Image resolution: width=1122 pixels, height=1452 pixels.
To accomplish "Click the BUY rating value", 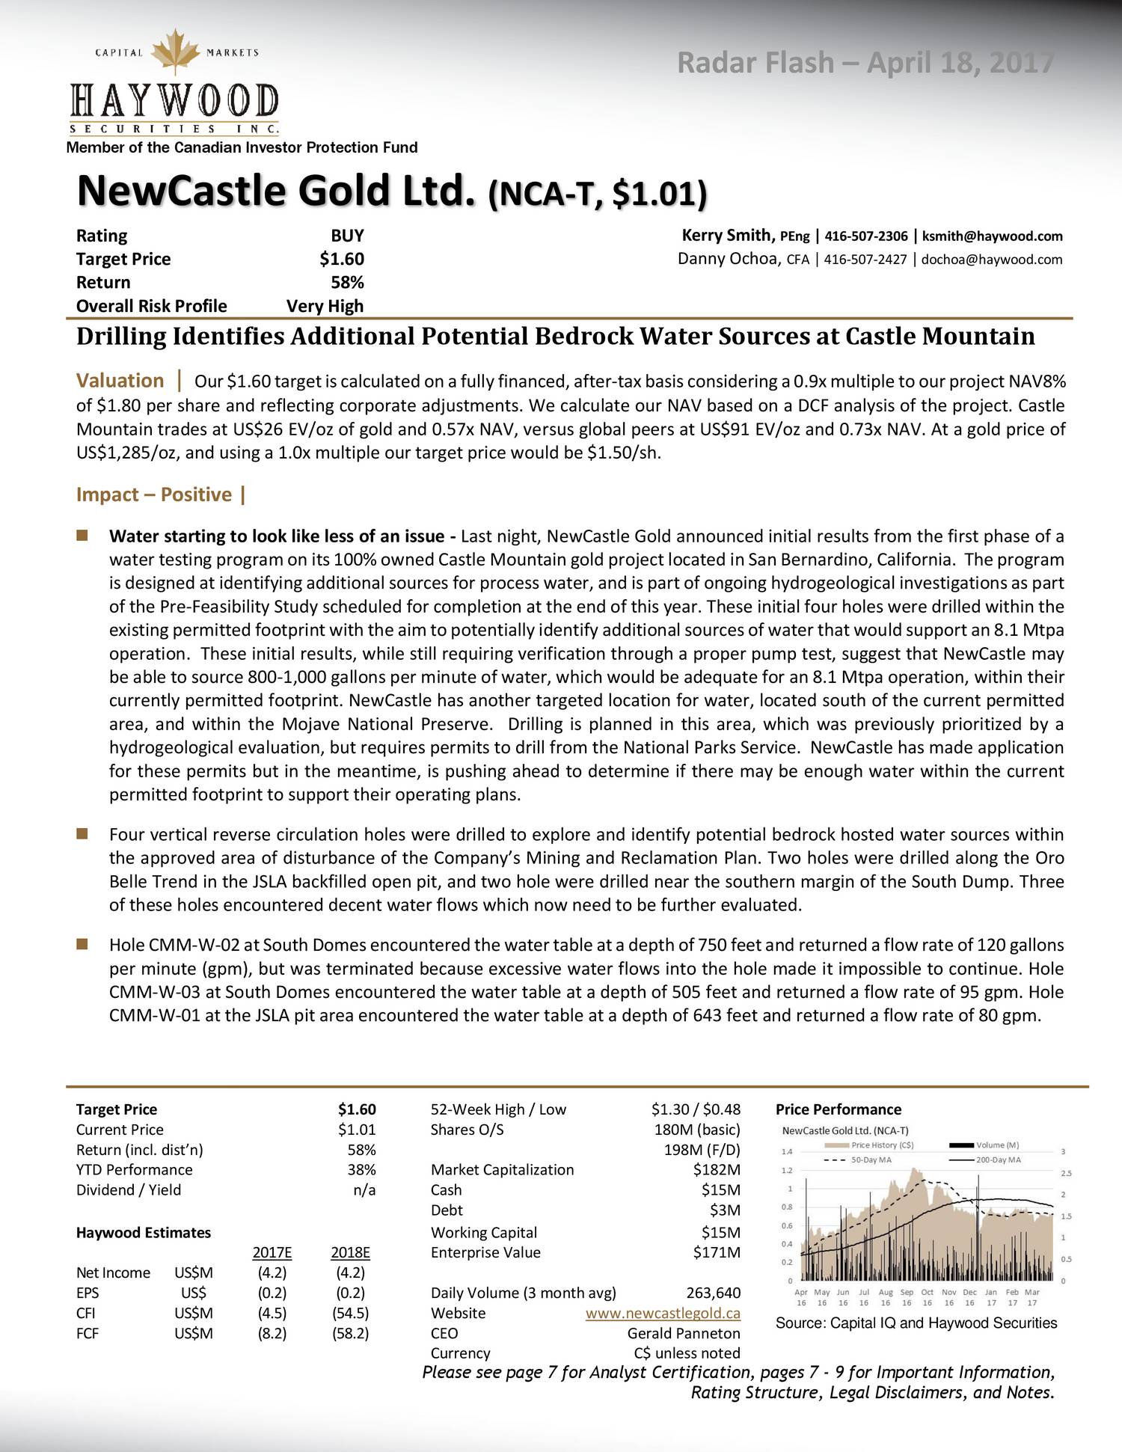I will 347,236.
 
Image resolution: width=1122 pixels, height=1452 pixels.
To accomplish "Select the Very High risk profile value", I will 325,306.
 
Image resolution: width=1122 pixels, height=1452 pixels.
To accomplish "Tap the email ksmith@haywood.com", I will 992,236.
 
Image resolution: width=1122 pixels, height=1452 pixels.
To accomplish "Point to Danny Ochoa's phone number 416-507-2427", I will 865,260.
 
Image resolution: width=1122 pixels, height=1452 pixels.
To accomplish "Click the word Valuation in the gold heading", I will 120,381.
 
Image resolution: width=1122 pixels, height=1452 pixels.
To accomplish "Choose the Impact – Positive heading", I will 154,494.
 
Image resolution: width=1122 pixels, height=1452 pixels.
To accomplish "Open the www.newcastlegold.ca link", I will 663,1313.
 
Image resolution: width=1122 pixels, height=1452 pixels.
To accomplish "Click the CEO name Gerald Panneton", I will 684,1333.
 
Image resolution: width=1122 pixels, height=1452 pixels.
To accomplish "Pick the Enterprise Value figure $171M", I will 717,1252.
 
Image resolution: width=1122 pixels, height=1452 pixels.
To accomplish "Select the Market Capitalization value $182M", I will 717,1169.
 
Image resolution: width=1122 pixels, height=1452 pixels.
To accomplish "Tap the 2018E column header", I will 350,1252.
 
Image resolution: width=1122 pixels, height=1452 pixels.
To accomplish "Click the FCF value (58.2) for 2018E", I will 350,1332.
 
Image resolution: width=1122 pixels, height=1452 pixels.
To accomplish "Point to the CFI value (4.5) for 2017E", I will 272,1313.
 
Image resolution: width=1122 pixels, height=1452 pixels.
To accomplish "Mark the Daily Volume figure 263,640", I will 713,1293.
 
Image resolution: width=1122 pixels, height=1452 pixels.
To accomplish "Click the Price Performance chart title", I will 838,1109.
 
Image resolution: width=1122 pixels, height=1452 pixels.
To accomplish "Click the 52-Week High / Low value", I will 696,1109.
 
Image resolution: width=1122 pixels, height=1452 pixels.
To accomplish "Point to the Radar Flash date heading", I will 865,63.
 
